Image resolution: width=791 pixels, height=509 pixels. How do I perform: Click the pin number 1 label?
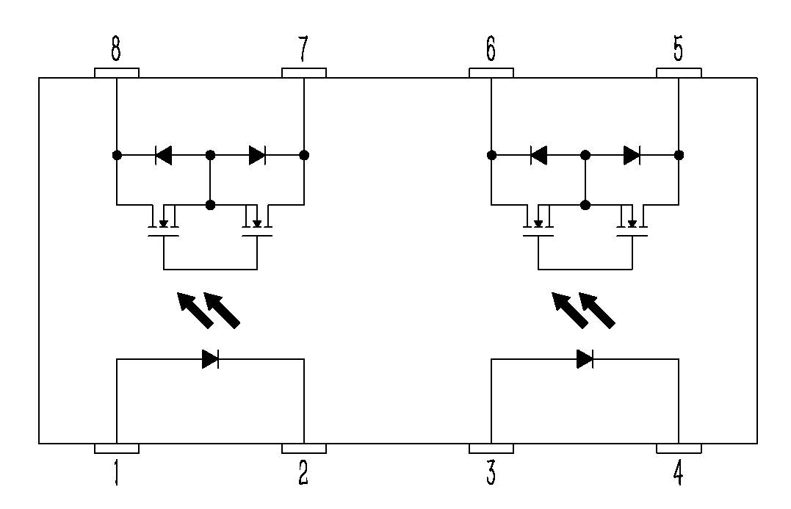click(116, 474)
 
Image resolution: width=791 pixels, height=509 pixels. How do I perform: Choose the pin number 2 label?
click(303, 474)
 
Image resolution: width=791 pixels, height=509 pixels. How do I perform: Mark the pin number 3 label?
click(491, 474)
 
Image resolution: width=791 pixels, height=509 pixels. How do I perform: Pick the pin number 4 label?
click(678, 474)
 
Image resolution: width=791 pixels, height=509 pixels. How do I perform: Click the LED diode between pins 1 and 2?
click(211, 359)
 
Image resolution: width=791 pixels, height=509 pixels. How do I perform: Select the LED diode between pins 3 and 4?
click(585, 359)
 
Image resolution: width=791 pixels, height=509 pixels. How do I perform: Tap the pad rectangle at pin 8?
click(117, 73)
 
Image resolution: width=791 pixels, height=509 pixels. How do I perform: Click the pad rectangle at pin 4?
click(679, 448)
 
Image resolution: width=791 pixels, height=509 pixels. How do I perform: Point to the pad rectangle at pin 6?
click(491, 73)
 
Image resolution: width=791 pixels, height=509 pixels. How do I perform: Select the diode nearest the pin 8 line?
click(163, 156)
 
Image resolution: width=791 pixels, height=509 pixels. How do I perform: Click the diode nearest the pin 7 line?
click(257, 156)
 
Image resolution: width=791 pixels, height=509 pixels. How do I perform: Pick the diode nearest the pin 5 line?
click(632, 156)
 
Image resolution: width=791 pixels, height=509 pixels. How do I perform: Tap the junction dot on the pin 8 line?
click(116, 156)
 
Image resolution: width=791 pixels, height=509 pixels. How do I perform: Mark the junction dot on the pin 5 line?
click(679, 156)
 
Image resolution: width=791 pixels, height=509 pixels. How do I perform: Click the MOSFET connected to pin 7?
click(258, 223)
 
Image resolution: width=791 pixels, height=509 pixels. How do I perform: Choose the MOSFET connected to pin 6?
click(538, 223)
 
